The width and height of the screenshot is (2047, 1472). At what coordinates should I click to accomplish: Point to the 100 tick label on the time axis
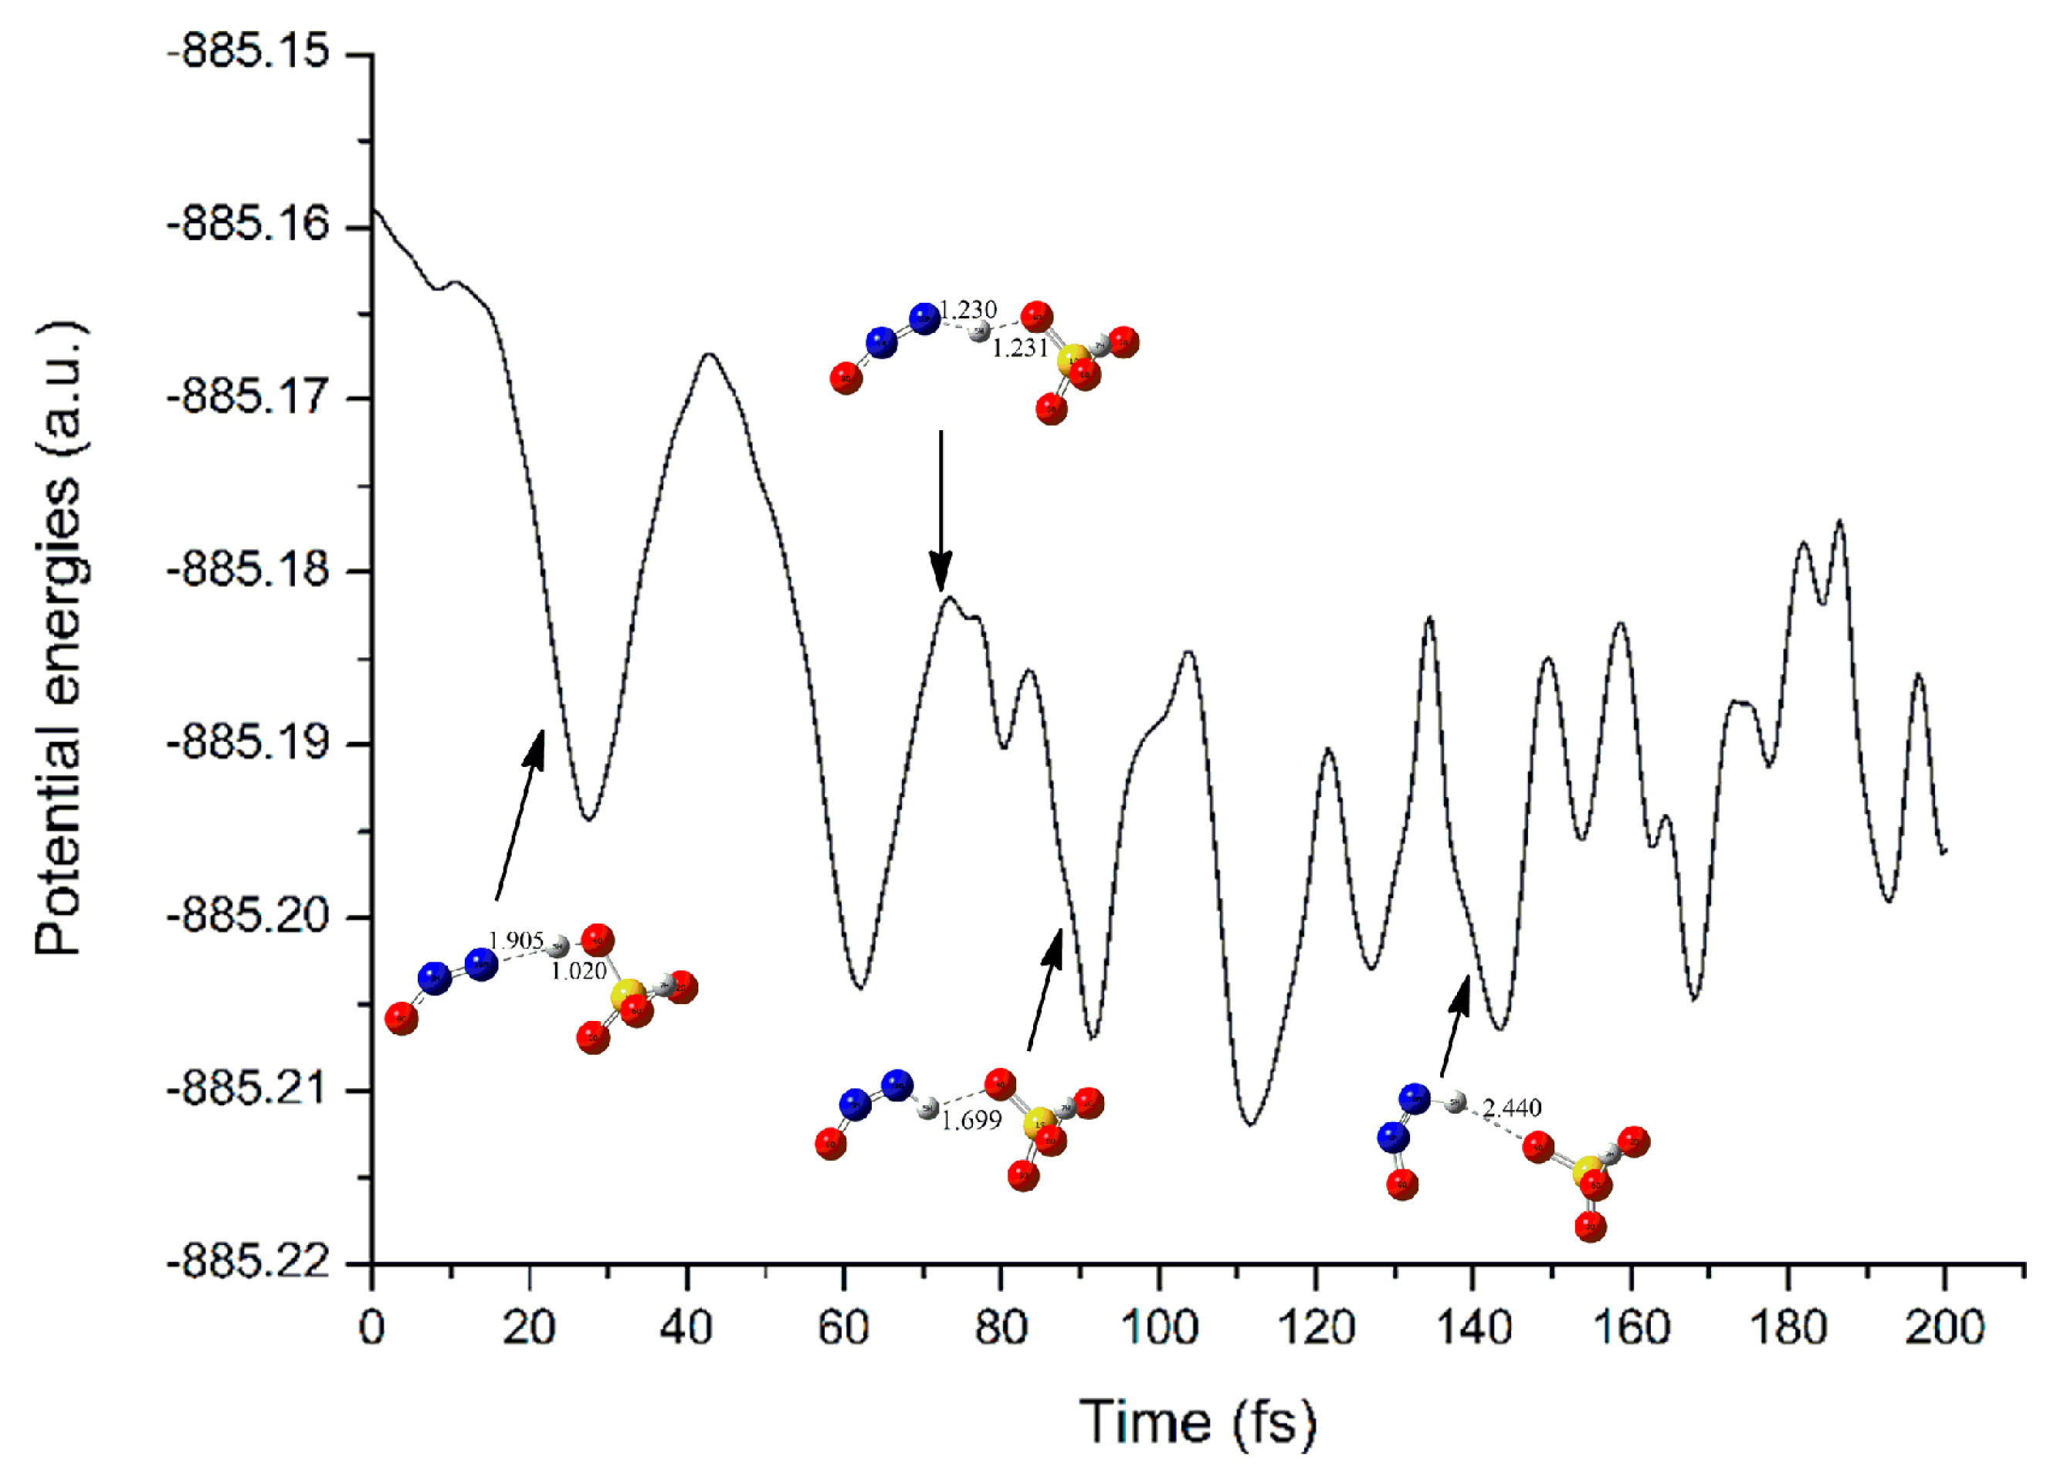click(x=1159, y=1328)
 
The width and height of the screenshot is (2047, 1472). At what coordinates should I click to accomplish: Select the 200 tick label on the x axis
click(x=1944, y=1328)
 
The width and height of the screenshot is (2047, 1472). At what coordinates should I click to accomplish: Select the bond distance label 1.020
click(x=578, y=971)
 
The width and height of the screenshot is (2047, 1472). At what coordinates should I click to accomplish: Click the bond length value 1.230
click(x=968, y=310)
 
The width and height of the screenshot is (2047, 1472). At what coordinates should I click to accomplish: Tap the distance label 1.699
click(x=971, y=1121)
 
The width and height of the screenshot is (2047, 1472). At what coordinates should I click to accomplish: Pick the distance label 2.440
click(x=1512, y=1107)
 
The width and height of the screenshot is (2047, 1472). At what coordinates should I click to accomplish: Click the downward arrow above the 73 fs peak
click(x=940, y=510)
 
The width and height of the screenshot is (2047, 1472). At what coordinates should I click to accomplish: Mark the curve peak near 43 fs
click(x=710, y=354)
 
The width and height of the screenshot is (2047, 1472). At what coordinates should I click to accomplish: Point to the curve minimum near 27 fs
click(x=588, y=819)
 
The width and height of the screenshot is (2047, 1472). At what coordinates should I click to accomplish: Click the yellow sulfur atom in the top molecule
click(x=1073, y=359)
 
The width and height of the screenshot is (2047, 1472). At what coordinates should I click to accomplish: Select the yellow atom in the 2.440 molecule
click(x=1588, y=1173)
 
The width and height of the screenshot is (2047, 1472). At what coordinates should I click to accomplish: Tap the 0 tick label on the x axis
click(x=372, y=1328)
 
